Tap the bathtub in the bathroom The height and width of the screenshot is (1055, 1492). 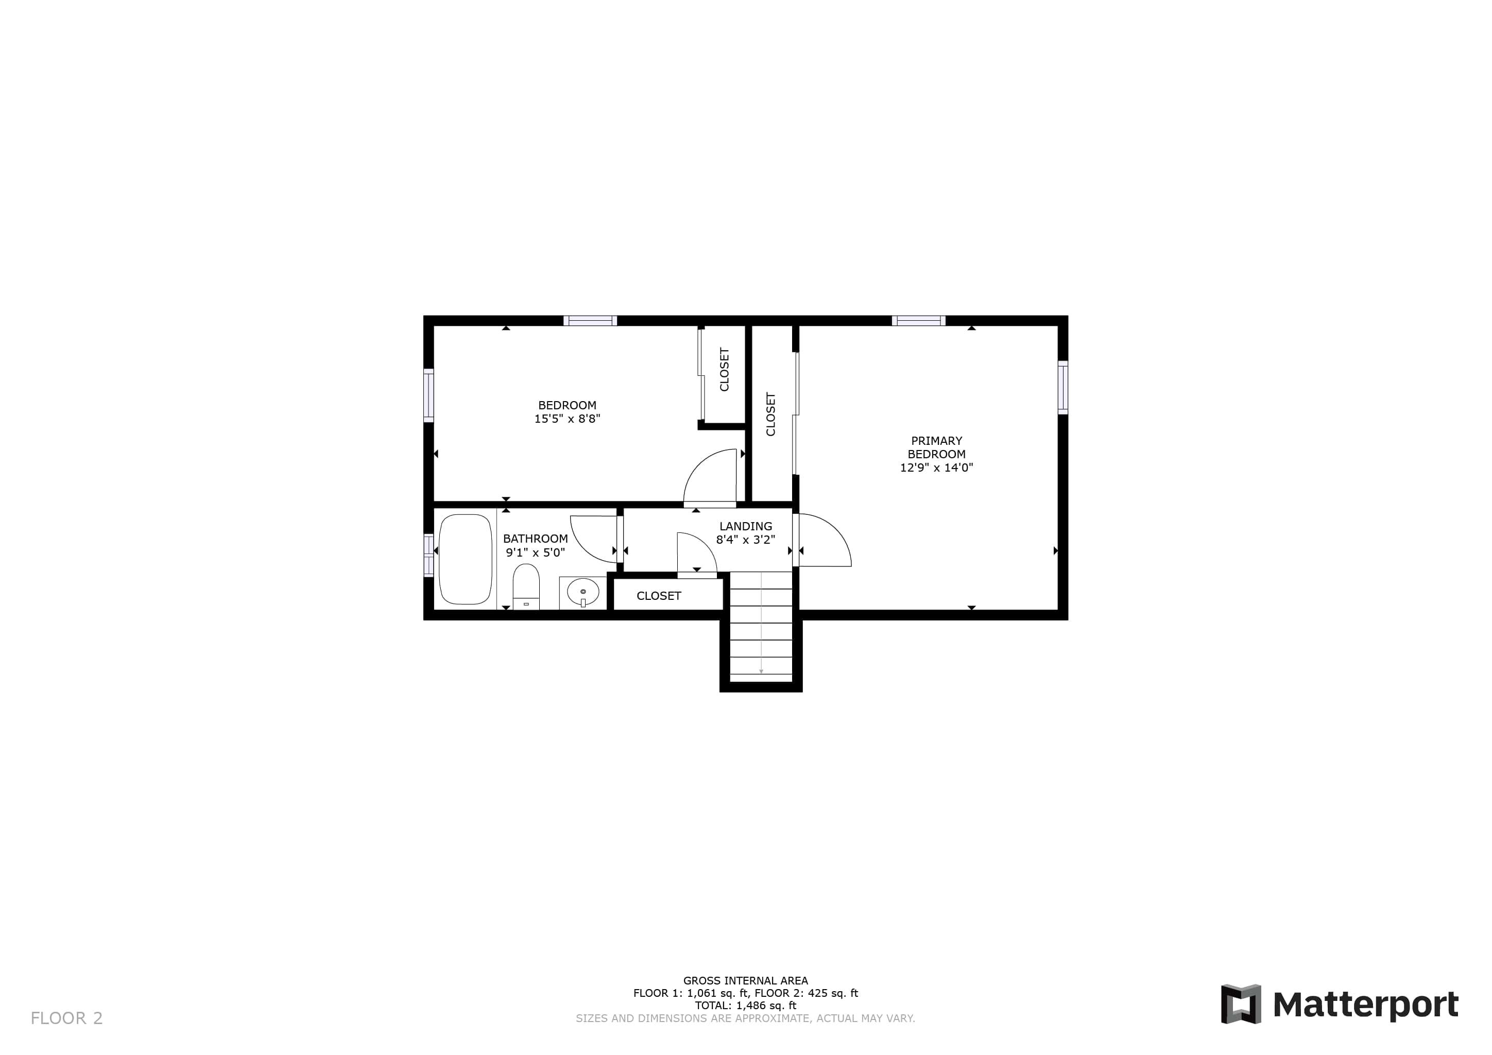coord(465,559)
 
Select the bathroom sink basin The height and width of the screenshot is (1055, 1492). coord(583,592)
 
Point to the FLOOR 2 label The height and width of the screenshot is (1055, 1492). coord(67,1018)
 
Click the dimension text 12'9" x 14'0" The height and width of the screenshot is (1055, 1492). coord(936,467)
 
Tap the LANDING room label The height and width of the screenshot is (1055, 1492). coord(745,526)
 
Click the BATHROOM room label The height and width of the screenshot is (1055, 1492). coord(536,539)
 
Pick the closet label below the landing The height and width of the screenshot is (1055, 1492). coord(658,596)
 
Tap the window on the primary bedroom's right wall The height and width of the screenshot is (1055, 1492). coord(1063,387)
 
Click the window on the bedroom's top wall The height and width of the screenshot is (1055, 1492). coord(590,320)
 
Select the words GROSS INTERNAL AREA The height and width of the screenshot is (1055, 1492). coord(745,981)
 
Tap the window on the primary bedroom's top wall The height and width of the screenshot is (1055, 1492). coord(918,320)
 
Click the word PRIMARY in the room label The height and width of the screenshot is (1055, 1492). coord(936,440)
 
